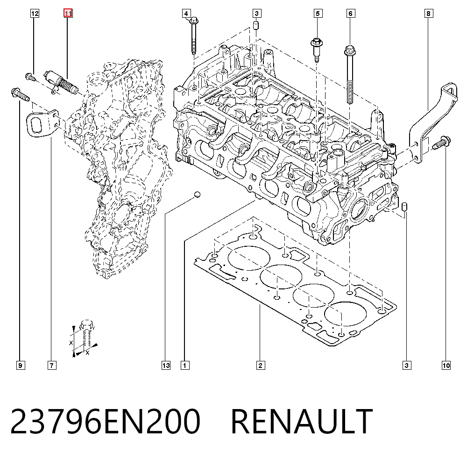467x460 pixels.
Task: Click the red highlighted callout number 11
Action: (x=68, y=14)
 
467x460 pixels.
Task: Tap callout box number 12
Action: (x=35, y=14)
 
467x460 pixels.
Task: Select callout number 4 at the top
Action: (x=186, y=14)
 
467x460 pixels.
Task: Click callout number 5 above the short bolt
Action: (x=318, y=14)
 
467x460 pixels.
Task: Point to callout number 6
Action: (x=351, y=14)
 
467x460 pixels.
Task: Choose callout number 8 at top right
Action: (x=429, y=14)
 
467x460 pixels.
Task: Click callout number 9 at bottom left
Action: (x=20, y=366)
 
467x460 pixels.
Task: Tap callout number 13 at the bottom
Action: (x=166, y=366)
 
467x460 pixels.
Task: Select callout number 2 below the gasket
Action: (x=260, y=366)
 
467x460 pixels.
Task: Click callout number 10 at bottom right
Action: (x=446, y=366)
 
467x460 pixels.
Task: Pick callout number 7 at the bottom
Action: (x=52, y=366)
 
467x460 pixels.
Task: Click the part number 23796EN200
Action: (x=106, y=421)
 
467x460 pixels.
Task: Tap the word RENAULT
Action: (x=301, y=421)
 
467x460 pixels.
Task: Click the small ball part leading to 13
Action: (x=197, y=194)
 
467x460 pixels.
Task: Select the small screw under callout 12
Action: (x=30, y=77)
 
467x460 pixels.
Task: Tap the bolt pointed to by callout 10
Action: (x=442, y=143)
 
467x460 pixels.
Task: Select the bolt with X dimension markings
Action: (x=87, y=333)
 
